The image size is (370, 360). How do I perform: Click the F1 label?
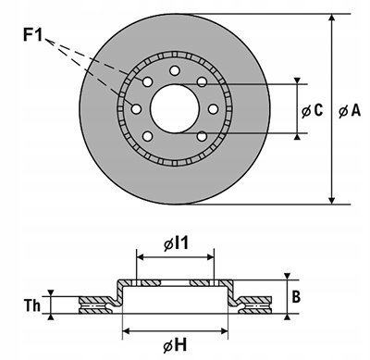coord(32,34)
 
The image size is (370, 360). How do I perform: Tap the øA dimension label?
coord(350,110)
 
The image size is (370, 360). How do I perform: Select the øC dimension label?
coord(312,110)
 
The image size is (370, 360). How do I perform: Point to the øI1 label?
coord(176,243)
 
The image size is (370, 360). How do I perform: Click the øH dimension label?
coord(175,345)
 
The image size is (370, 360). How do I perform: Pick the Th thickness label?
coord(32,305)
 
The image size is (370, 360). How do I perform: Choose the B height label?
coord(296,297)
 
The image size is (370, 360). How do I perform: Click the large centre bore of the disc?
coord(175,108)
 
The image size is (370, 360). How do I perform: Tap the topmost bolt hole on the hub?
coord(175,70)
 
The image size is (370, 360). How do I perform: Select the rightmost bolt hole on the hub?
coord(214,109)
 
